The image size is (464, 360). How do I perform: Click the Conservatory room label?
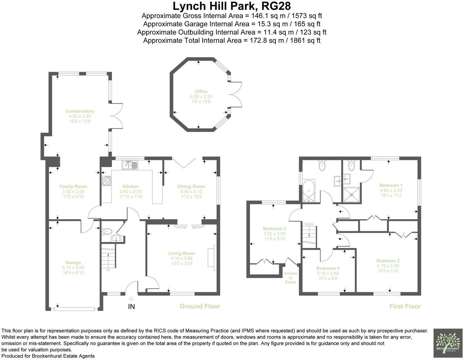(80, 111)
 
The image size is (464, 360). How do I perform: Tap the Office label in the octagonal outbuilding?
(201, 91)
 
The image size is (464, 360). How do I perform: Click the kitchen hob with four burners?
(107, 181)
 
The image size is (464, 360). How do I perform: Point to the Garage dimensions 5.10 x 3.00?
(73, 268)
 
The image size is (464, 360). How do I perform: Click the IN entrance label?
(131, 307)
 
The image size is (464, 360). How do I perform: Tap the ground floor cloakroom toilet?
(107, 231)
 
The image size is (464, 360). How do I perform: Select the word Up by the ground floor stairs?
(108, 270)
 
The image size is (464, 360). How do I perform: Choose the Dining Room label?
(191, 186)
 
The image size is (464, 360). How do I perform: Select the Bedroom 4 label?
(328, 268)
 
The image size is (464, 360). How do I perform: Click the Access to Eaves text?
(290, 278)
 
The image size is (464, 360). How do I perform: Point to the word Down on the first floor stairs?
(309, 224)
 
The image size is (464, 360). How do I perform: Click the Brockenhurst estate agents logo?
(448, 344)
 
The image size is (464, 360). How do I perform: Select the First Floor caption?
(405, 306)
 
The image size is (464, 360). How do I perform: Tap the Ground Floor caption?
(200, 306)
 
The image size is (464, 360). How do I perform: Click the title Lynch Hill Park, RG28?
(232, 6)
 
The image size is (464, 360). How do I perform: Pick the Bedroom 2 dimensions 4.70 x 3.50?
(388, 266)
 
